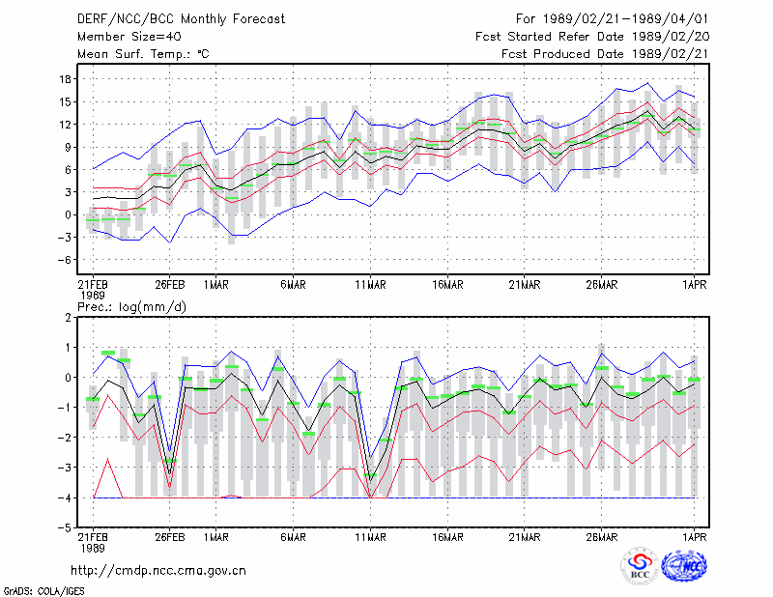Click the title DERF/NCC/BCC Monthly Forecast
click(181, 19)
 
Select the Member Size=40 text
click(129, 37)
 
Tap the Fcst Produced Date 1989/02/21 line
click(605, 54)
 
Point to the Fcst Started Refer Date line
click(592, 37)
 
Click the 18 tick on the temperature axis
click(66, 79)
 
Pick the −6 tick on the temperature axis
click(65, 260)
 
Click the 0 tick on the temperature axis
click(68, 215)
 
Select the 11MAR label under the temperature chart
click(370, 285)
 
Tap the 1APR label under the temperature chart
click(695, 285)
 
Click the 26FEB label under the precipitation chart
click(170, 537)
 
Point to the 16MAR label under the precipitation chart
click(447, 537)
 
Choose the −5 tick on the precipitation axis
click(65, 528)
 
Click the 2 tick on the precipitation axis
click(68, 318)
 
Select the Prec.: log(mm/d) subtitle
click(131, 307)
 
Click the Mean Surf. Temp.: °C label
click(143, 54)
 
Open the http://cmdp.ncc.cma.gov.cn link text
click(158, 571)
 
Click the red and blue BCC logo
click(640, 566)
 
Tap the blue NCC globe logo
click(684, 566)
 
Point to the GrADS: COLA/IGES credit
click(43, 591)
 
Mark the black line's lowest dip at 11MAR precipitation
click(370, 481)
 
